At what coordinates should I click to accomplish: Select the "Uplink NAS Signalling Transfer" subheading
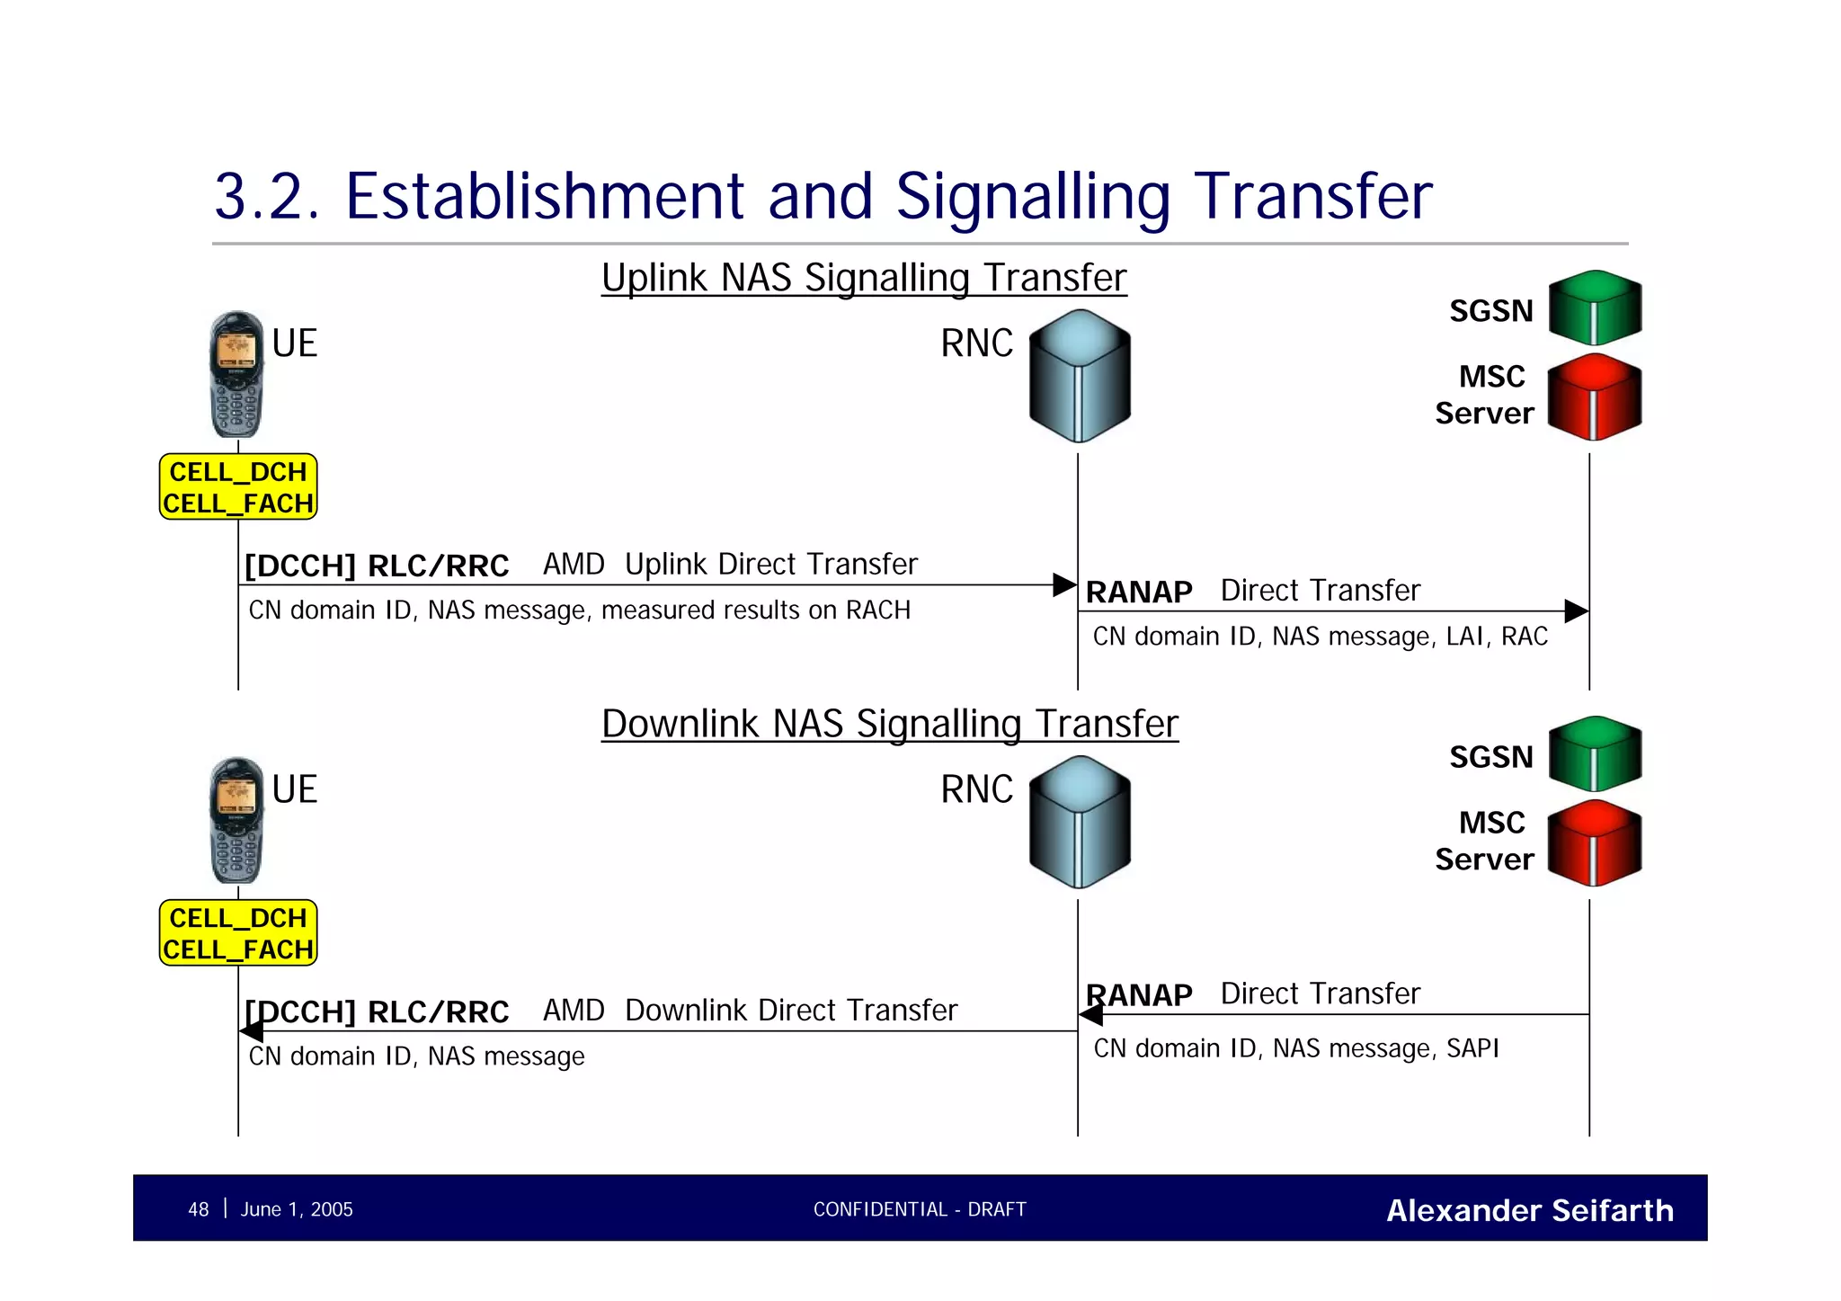(x=863, y=277)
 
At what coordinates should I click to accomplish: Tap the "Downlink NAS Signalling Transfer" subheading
(x=889, y=724)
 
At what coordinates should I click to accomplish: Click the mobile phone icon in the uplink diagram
(x=236, y=374)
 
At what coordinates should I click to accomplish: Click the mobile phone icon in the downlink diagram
(x=236, y=820)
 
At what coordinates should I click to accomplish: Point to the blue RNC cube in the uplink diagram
(x=1079, y=376)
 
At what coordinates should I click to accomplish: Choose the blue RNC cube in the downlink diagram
(x=1079, y=822)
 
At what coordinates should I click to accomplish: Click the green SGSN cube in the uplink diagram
(x=1595, y=307)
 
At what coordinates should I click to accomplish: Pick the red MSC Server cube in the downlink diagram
(x=1595, y=842)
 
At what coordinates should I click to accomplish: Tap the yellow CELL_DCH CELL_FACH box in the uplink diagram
(x=238, y=487)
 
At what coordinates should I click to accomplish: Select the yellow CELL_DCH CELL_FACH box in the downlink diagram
(x=238, y=933)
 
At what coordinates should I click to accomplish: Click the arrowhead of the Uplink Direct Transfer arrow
(x=1065, y=585)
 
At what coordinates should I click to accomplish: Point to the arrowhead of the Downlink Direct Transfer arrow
(x=252, y=1031)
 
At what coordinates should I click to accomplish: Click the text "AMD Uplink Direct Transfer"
(x=730, y=564)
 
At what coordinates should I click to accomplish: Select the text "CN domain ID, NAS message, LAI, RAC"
(x=1320, y=637)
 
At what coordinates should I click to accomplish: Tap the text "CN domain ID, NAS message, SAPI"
(x=1295, y=1048)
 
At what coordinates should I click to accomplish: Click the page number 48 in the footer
(x=198, y=1209)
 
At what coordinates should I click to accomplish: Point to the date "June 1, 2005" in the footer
(x=297, y=1209)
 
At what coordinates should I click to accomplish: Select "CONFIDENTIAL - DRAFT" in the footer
(x=920, y=1209)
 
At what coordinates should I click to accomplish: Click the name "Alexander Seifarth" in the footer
(x=1529, y=1210)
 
